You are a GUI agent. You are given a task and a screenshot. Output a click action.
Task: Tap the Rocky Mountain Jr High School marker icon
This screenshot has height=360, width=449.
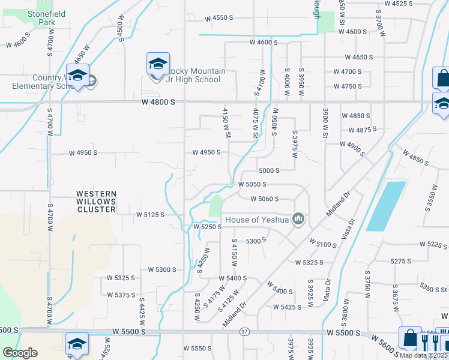157,64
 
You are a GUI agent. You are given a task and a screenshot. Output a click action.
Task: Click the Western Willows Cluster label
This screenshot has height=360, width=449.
95,202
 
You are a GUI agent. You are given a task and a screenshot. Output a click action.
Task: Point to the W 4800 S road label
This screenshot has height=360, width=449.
158,103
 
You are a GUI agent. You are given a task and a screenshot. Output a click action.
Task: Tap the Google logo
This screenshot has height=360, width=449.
20,353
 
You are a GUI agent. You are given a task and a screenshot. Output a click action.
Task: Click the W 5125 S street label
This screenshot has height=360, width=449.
150,214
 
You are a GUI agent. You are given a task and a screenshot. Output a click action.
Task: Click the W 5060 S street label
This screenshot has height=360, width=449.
265,199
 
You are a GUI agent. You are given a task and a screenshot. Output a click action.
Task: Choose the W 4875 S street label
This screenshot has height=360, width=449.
363,129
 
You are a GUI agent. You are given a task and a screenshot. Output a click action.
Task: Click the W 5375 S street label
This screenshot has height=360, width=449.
121,295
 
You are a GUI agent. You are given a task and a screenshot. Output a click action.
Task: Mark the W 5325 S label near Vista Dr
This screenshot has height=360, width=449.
309,262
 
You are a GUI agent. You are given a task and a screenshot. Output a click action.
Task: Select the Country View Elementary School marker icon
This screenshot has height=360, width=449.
77,76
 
